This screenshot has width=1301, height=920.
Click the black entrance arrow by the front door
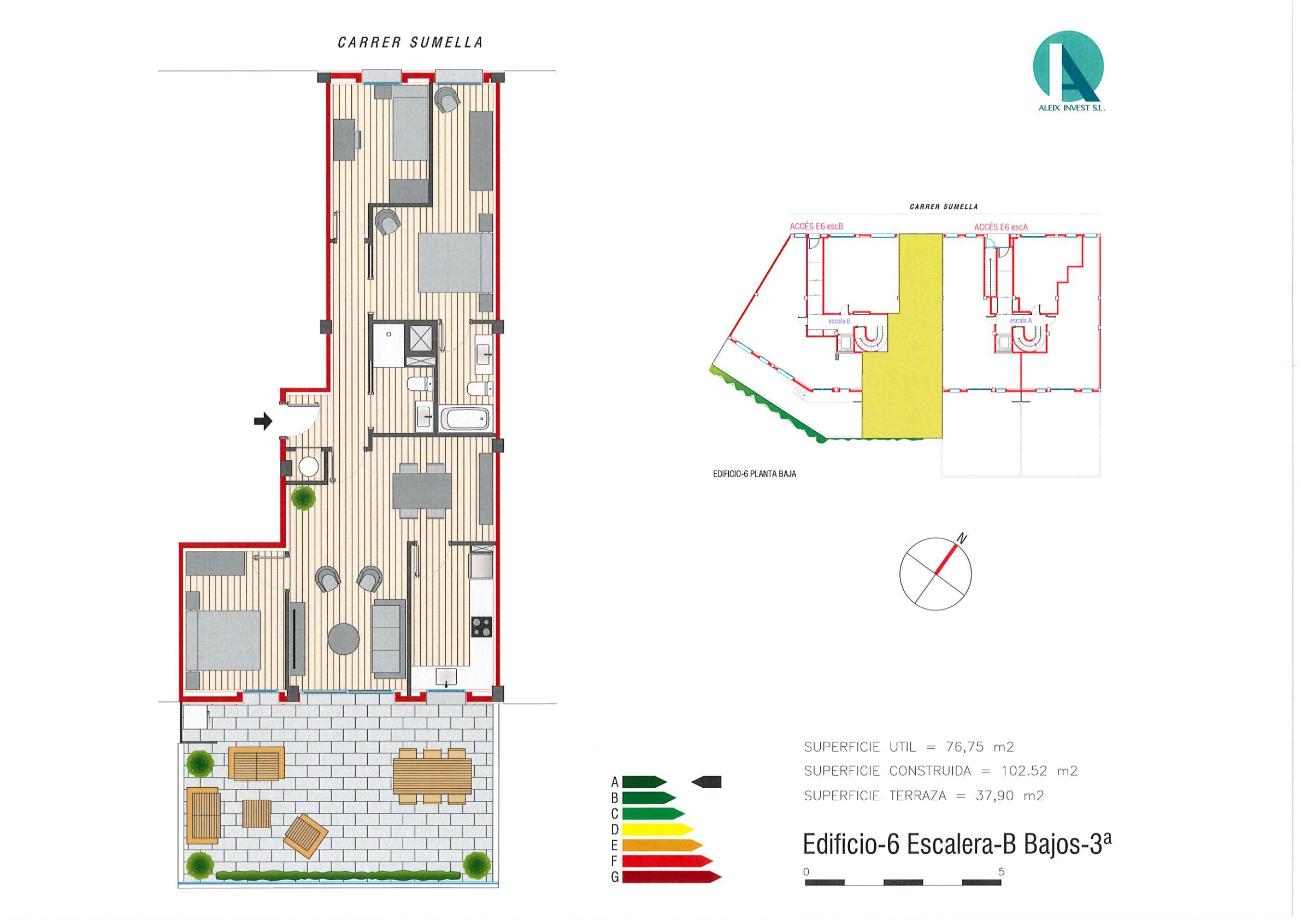[263, 421]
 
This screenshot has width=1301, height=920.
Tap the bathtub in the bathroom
[468, 420]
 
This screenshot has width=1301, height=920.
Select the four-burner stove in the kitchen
[481, 626]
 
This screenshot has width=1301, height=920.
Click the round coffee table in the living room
[344, 639]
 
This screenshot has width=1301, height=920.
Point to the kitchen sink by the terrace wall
[447, 677]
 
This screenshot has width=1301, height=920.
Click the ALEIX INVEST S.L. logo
[1069, 72]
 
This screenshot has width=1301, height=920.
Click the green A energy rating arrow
[644, 782]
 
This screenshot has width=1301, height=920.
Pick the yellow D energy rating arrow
[658, 830]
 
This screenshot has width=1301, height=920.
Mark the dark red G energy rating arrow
[672, 877]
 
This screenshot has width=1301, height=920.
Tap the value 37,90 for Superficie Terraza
[994, 796]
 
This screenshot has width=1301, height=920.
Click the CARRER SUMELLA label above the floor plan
[410, 43]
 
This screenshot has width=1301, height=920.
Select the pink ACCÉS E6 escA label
[1000, 227]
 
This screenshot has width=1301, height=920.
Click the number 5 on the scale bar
[1001, 871]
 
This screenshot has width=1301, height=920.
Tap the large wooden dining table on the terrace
[432, 776]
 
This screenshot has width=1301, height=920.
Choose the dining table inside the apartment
[422, 490]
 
